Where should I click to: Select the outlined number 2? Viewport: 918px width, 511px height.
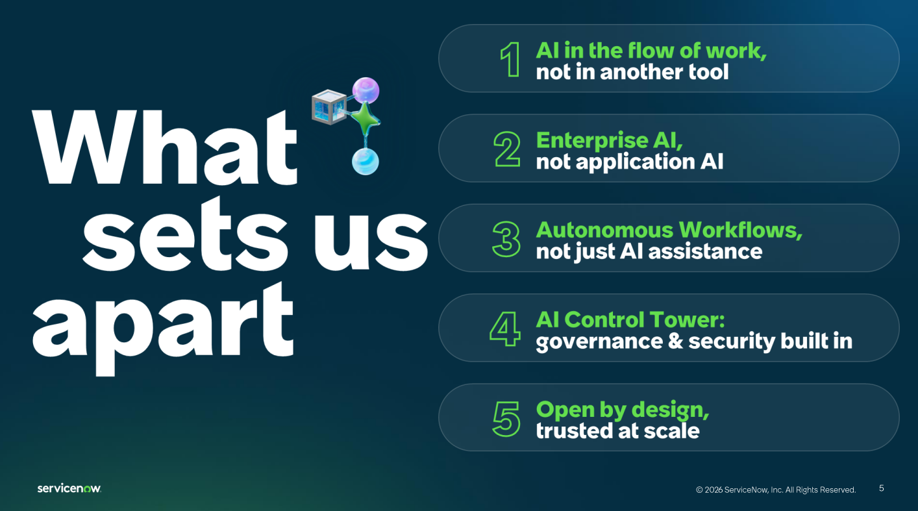point(507,149)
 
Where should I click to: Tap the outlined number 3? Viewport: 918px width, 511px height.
point(506,240)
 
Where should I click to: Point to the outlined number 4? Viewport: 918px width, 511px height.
point(505,329)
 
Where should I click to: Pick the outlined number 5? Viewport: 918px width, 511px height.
point(506,419)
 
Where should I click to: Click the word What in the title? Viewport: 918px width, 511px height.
point(164,147)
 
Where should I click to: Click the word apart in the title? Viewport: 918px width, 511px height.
point(163,328)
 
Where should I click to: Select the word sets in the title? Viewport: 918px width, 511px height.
point(185,234)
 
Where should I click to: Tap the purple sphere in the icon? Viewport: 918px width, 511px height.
point(366,90)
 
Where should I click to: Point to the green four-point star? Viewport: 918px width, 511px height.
point(364,119)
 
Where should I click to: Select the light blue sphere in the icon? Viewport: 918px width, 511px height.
point(365,162)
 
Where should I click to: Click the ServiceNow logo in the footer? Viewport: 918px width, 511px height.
point(69,488)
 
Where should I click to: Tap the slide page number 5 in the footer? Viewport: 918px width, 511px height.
point(882,488)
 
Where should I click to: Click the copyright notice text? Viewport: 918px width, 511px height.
point(776,490)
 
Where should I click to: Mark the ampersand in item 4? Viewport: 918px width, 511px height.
point(675,342)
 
